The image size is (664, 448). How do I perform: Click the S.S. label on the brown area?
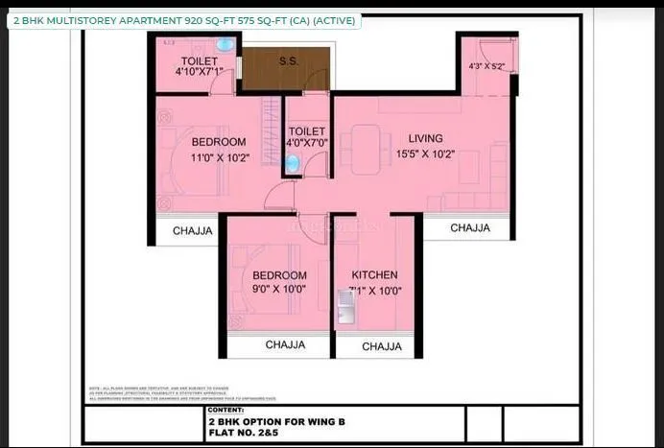[x=287, y=61]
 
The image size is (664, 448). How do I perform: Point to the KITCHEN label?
[x=375, y=274]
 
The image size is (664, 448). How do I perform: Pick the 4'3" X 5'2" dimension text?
[x=486, y=67]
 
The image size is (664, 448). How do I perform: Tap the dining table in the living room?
[x=365, y=151]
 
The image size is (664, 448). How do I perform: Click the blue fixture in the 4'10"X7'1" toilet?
[x=225, y=45]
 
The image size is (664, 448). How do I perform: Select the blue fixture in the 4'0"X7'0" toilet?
[x=293, y=164]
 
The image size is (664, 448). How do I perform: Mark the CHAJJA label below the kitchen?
[x=381, y=346]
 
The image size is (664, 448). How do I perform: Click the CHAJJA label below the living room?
[x=469, y=228]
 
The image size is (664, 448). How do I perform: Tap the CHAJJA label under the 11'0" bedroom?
[x=192, y=230]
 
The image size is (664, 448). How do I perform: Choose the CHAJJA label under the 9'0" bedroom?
[x=285, y=344]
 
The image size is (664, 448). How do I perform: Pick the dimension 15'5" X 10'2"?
[x=424, y=153]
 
